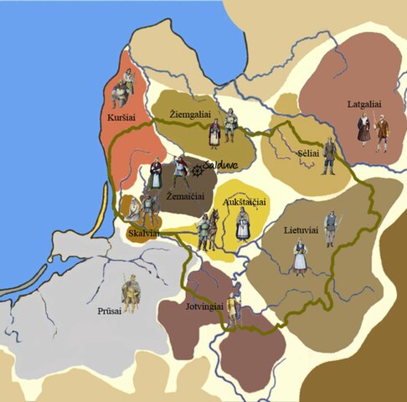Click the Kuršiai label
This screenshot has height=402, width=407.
121,119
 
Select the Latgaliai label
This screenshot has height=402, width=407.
363,105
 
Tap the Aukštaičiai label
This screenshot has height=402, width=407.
244,203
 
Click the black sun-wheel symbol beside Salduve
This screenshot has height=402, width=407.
198,171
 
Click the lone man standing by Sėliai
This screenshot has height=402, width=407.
329,156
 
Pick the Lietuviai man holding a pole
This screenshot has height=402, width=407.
332,228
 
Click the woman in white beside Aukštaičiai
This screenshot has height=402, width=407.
243,224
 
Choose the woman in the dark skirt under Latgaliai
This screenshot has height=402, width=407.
364,130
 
